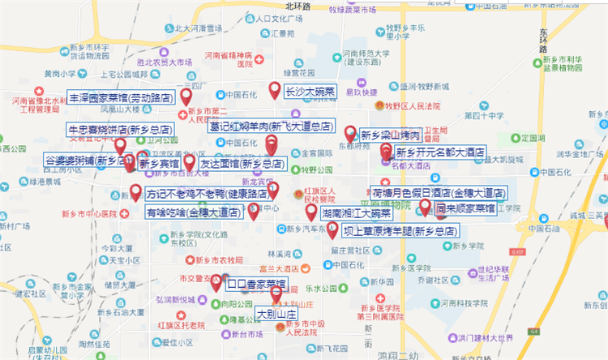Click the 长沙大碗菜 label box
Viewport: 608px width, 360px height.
[310, 92]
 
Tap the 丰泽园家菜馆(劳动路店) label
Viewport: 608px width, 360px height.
[120, 96]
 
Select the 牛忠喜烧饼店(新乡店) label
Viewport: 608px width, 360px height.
[120, 129]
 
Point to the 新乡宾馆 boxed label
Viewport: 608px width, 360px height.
[159, 163]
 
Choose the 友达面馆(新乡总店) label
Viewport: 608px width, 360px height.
[242, 163]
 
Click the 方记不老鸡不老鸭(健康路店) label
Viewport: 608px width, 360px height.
[208, 195]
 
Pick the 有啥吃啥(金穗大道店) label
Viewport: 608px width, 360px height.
[193, 212]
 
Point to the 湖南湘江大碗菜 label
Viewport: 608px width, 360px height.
[355, 214]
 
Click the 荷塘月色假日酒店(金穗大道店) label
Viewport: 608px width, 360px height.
[438, 194]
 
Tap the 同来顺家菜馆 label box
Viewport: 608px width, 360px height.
[465, 208]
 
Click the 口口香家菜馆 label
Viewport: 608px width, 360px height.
[255, 284]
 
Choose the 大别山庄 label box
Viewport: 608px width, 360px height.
[277, 312]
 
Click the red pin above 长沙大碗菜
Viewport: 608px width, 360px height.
[275, 90]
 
